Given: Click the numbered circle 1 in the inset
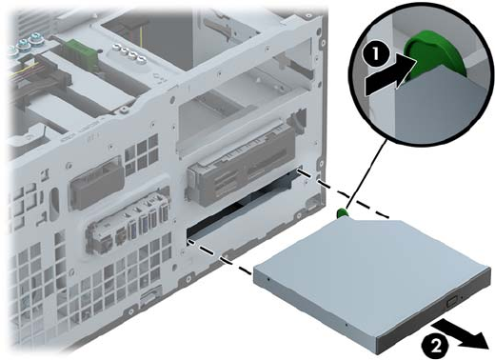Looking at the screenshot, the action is coord(375,54).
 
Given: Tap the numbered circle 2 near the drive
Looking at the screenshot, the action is coord(436,346).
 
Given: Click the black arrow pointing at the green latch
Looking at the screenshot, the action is coord(390,78).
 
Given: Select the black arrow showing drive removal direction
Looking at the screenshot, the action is coord(460,334).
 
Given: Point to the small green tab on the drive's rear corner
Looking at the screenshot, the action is coord(342,212).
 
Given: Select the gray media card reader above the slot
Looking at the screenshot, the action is coord(240,165).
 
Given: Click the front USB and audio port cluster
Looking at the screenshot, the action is coord(127,226).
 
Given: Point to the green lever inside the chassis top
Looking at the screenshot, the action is coord(77,50).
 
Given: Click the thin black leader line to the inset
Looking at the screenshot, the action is coord(368,174).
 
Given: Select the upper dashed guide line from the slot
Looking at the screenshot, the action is coord(345,194).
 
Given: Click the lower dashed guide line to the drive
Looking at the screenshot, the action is coord(221,256).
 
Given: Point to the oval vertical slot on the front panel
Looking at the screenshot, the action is coord(54,204).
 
